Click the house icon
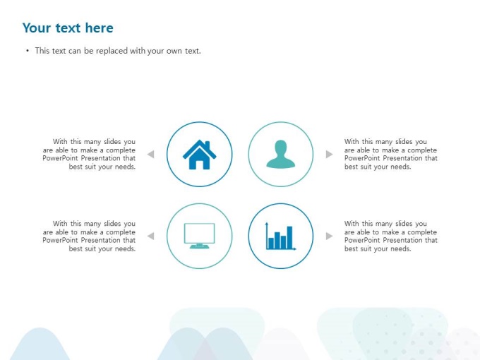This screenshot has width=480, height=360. click(x=199, y=155)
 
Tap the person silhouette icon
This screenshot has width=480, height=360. click(x=281, y=154)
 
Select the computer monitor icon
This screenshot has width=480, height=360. click(x=199, y=236)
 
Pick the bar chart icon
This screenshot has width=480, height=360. click(x=281, y=236)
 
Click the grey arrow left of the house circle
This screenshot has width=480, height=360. click(x=150, y=154)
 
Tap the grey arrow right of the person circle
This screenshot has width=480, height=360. click(x=330, y=154)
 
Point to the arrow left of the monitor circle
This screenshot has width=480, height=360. click(x=150, y=236)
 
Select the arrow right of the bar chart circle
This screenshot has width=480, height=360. click(x=330, y=236)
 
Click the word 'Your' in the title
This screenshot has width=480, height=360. click(x=37, y=28)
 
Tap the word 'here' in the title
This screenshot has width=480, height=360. click(x=100, y=28)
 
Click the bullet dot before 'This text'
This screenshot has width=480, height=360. click(x=28, y=51)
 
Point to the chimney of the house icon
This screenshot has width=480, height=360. click(x=208, y=145)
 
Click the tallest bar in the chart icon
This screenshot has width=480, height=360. click(x=289, y=237)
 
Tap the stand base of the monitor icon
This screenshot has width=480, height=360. click(x=199, y=246)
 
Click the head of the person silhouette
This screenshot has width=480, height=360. click(x=281, y=148)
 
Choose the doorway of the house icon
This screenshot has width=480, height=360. click(x=199, y=164)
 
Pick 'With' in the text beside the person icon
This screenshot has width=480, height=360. click(x=352, y=141)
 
